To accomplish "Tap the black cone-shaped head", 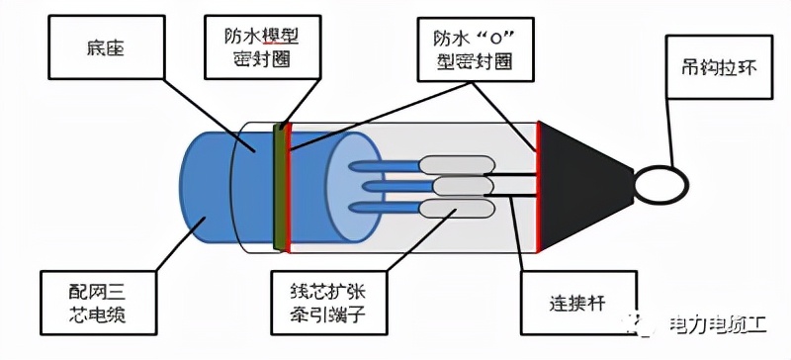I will pyautogui.click(x=578, y=184).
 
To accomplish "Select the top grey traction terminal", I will pyautogui.click(x=451, y=165).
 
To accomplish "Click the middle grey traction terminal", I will pyautogui.click(x=458, y=185).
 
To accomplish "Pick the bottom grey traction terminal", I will pyautogui.click(x=451, y=207).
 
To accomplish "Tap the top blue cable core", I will pyautogui.click(x=386, y=165).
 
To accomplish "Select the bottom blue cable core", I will pyautogui.click(x=386, y=207).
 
